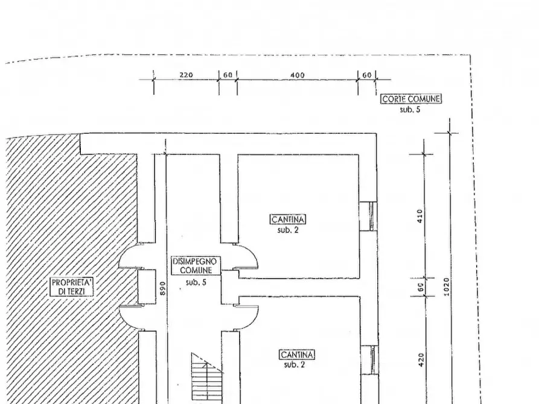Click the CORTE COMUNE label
click(x=411, y=99)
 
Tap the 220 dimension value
click(x=186, y=75)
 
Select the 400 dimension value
click(x=298, y=75)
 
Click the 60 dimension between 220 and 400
click(x=228, y=75)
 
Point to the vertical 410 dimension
click(x=419, y=216)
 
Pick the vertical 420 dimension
click(x=421, y=360)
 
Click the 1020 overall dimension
click(x=446, y=287)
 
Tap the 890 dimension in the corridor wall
click(x=163, y=288)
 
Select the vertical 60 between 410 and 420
click(x=421, y=287)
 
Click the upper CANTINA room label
click(x=288, y=219)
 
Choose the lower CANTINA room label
click(x=297, y=355)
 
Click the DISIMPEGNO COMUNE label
click(x=195, y=265)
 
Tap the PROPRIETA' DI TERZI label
click(x=72, y=287)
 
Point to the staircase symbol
click(x=207, y=378)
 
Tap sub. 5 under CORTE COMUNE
click(x=410, y=110)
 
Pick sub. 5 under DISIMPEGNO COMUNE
click(x=196, y=282)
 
